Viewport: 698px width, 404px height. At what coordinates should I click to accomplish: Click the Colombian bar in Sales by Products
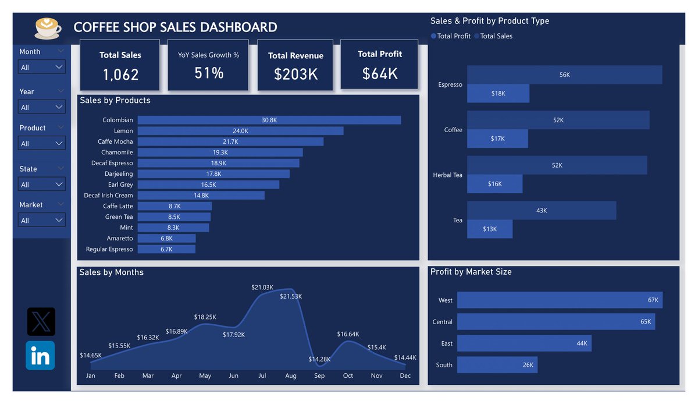click(x=269, y=120)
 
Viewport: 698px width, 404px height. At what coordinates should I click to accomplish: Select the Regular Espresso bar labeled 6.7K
click(x=166, y=249)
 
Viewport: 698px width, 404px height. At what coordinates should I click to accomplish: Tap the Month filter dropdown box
click(x=42, y=67)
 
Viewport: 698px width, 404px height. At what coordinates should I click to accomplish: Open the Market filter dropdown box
click(x=42, y=220)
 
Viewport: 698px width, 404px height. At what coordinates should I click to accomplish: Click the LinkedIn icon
click(x=40, y=355)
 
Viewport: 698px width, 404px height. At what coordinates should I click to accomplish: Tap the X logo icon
click(x=41, y=321)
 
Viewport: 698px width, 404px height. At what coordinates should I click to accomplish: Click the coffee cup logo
click(x=48, y=27)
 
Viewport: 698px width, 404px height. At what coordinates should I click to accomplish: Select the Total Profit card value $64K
click(x=379, y=73)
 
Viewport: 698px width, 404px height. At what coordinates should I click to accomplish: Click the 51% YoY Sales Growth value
click(x=209, y=73)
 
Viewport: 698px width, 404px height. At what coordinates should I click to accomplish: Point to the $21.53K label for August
click(x=291, y=296)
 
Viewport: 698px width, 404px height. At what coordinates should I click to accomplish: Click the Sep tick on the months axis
click(x=319, y=375)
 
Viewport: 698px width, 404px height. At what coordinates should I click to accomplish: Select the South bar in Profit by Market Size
click(x=497, y=365)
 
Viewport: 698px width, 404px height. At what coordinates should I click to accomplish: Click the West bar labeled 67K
click(x=559, y=300)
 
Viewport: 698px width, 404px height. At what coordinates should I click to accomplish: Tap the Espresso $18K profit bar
click(x=498, y=93)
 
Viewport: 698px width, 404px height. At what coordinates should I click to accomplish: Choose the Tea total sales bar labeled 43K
click(x=541, y=210)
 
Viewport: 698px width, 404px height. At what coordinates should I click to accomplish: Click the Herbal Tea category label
click(x=447, y=175)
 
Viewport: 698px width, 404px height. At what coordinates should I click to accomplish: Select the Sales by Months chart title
click(x=111, y=272)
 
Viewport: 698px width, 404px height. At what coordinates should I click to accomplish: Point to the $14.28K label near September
click(x=319, y=359)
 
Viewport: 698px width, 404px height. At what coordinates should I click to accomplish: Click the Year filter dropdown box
click(x=42, y=107)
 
